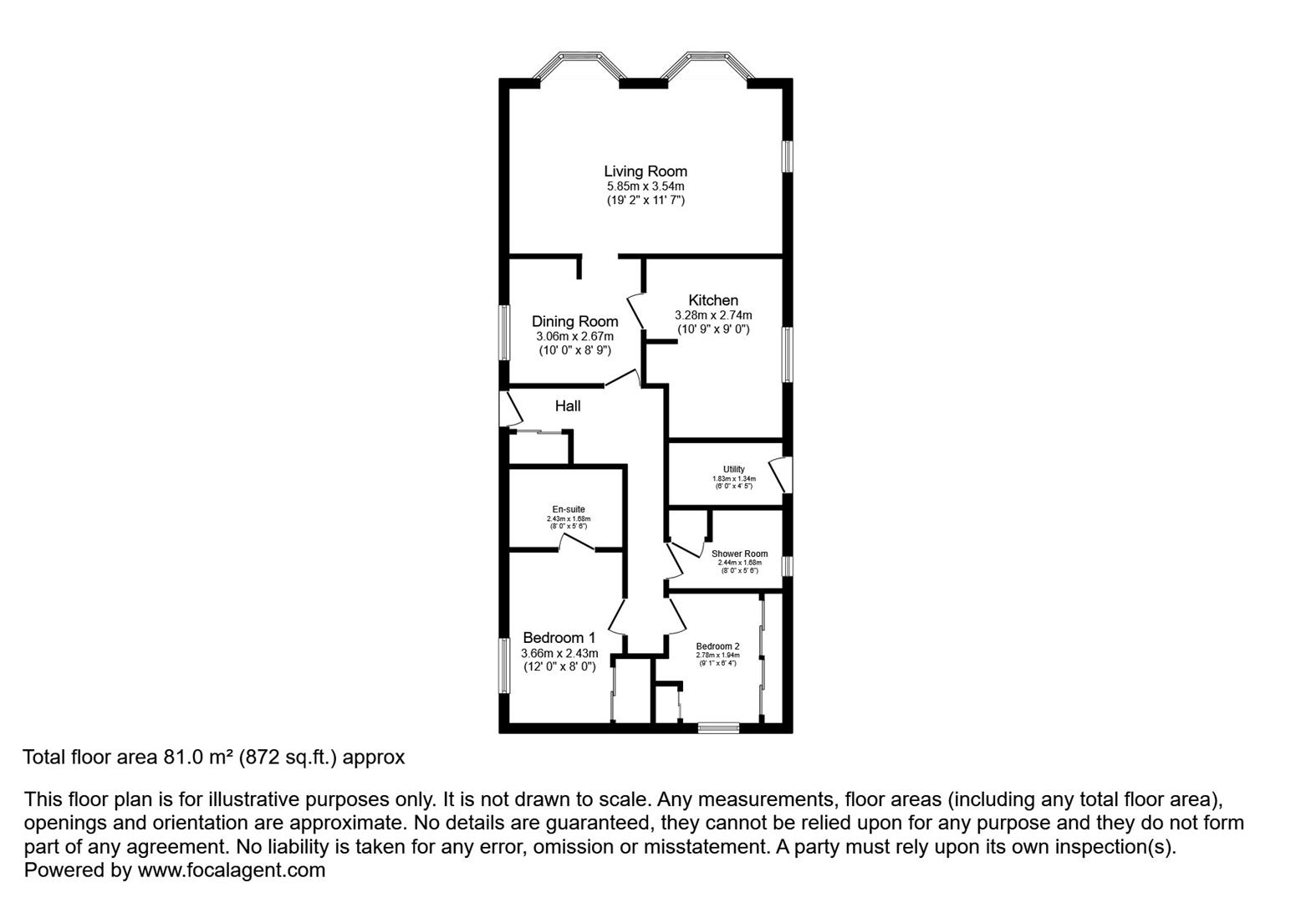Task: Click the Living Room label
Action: point(645,171)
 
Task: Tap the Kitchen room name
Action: point(713,300)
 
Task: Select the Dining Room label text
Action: point(575,321)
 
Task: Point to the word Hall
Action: point(568,406)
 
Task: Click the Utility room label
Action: point(733,469)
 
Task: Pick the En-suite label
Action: point(569,509)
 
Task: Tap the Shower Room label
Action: point(739,554)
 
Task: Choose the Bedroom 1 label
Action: point(559,638)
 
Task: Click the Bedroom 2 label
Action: point(717,646)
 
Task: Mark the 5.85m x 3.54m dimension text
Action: point(645,186)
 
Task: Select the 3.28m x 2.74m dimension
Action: point(713,315)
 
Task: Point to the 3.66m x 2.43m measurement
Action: point(559,653)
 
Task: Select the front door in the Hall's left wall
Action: point(509,409)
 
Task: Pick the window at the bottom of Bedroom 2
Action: point(719,727)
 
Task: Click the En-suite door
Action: point(577,543)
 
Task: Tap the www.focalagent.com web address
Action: point(231,870)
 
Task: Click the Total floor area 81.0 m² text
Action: point(213,758)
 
